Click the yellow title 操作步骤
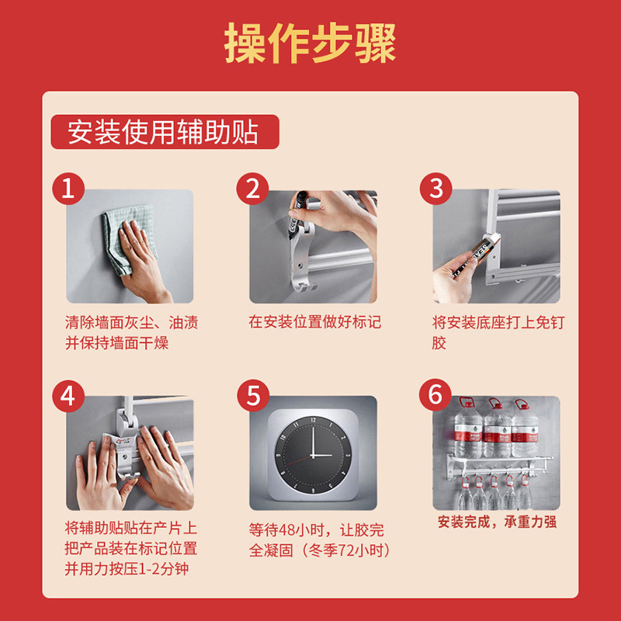tap(310, 43)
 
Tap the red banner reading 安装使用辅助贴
tap(165, 132)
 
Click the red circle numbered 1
tap(68, 189)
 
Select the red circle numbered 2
tap(253, 189)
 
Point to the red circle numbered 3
tap(436, 189)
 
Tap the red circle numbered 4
tap(68, 396)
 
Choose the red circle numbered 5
tap(253, 396)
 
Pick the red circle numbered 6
tap(435, 395)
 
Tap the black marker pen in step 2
tap(296, 215)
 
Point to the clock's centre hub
tap(313, 456)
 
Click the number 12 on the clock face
tap(314, 419)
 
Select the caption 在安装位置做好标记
tap(315, 322)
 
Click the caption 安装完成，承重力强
tap(497, 522)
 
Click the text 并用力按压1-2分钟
tap(127, 569)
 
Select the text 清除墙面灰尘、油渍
tap(131, 322)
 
